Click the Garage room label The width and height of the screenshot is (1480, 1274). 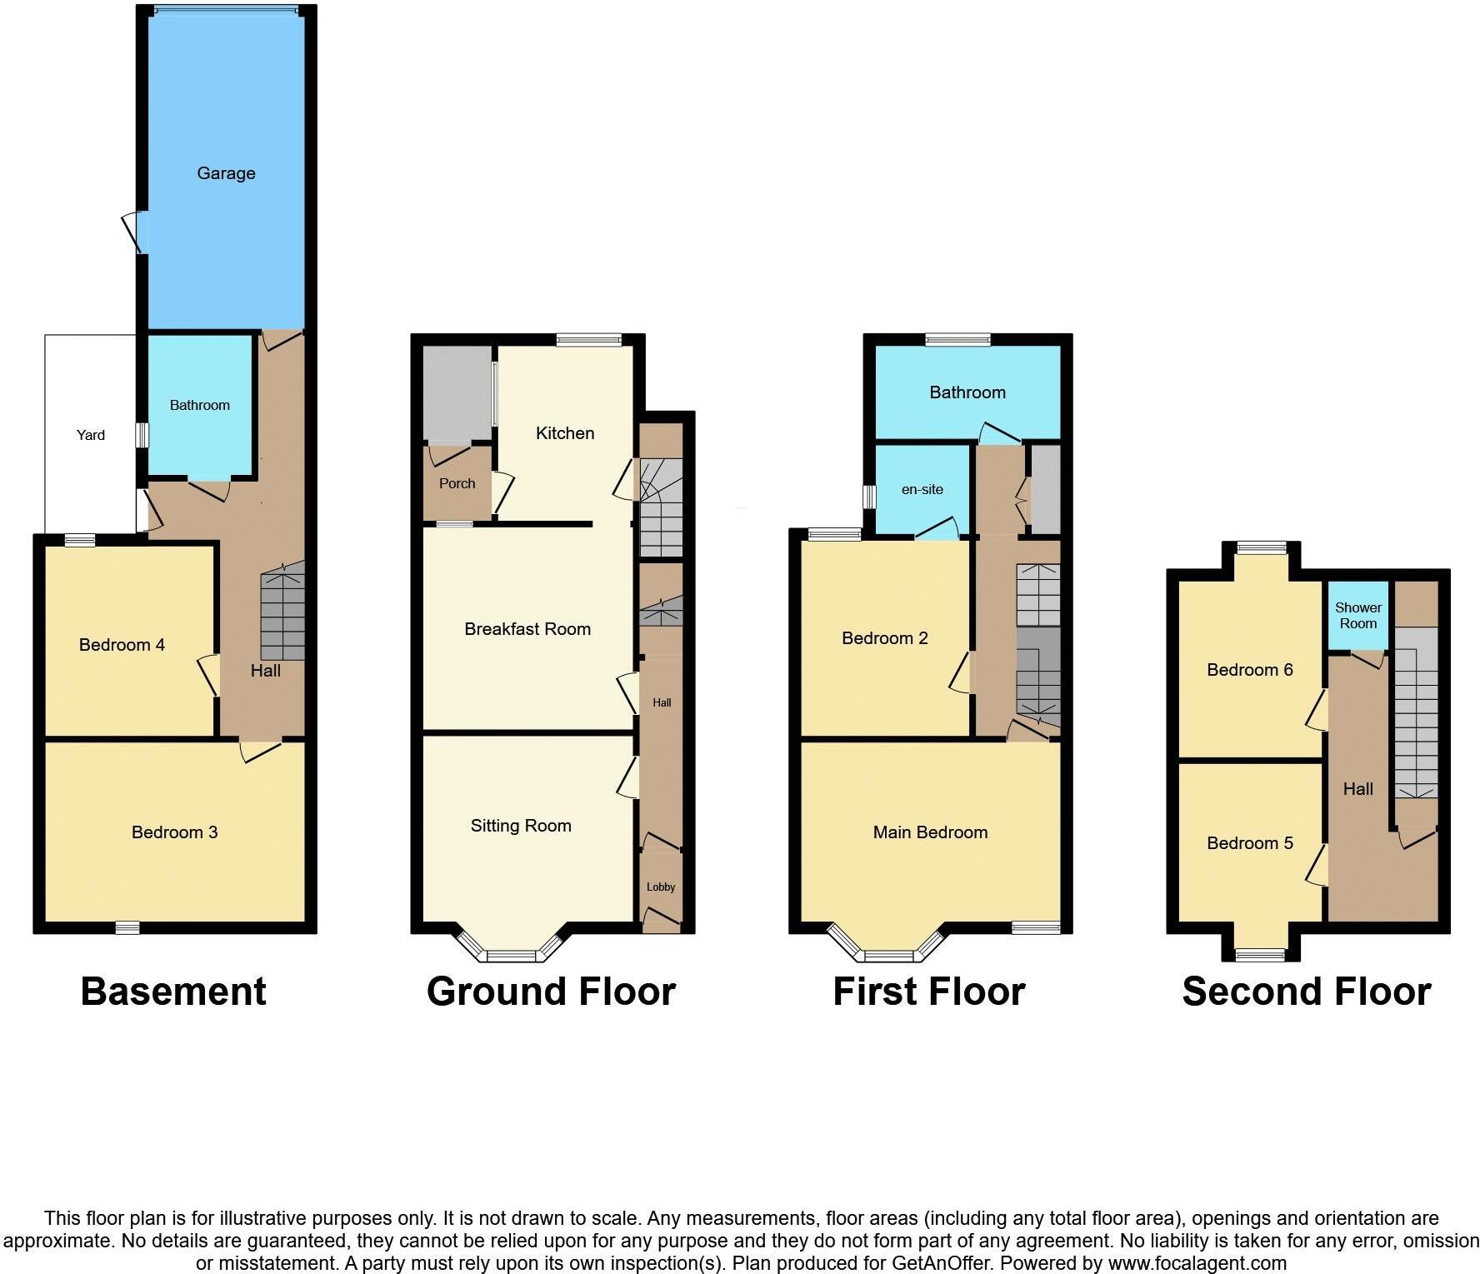pyautogui.click(x=226, y=173)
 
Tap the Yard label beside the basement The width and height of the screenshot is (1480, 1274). pyautogui.click(x=91, y=435)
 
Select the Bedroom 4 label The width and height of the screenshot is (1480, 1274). pyautogui.click(x=122, y=645)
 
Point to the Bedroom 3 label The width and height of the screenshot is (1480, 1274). pyautogui.click(x=174, y=832)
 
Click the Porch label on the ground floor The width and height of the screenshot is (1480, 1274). pyautogui.click(x=457, y=483)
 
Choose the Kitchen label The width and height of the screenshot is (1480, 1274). pyautogui.click(x=565, y=433)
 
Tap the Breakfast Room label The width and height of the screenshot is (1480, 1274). pyautogui.click(x=527, y=629)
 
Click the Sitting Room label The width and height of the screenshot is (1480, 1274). pyautogui.click(x=521, y=826)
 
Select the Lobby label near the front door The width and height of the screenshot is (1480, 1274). pyautogui.click(x=661, y=887)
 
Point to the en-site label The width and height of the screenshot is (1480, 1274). pyautogui.click(x=922, y=489)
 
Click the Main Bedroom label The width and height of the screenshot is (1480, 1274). pyautogui.click(x=930, y=832)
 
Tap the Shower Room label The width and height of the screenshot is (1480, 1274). pyautogui.click(x=1358, y=616)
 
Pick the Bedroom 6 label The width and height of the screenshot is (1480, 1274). pyautogui.click(x=1250, y=670)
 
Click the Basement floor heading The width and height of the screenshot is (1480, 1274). pyautogui.click(x=173, y=992)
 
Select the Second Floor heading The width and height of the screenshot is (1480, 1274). pyautogui.click(x=1307, y=992)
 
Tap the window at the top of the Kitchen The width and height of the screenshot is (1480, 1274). pyautogui.click(x=589, y=339)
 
